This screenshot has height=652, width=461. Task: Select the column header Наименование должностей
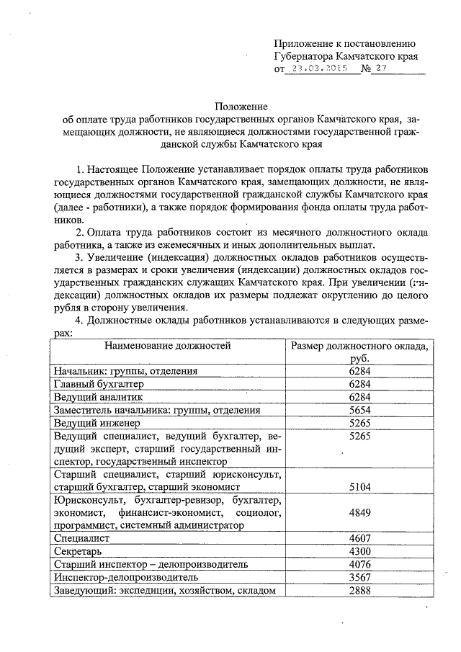168,345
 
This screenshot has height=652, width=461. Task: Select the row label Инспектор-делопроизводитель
124,577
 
